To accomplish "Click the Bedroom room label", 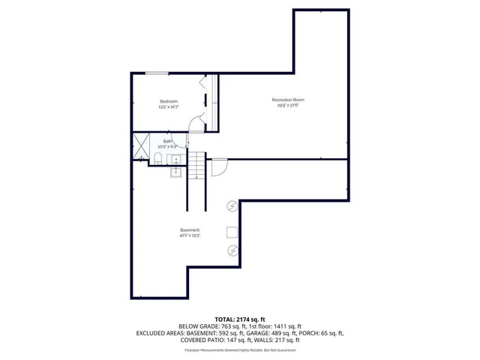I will click(x=169, y=101).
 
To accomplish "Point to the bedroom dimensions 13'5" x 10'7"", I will click(x=169, y=107).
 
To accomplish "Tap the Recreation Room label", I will click(x=288, y=100).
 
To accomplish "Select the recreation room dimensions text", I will click(x=288, y=106).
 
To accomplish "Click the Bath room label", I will click(x=167, y=140).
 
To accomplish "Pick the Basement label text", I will click(x=189, y=229).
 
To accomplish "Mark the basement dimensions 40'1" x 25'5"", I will click(x=189, y=235).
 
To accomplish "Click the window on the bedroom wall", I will click(x=156, y=73).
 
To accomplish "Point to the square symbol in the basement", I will click(x=232, y=232).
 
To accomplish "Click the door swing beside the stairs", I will click(x=218, y=167).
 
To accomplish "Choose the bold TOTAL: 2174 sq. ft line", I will click(x=239, y=319).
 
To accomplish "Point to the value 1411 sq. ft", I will click(x=285, y=326).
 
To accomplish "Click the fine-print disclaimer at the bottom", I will click(x=239, y=349).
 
